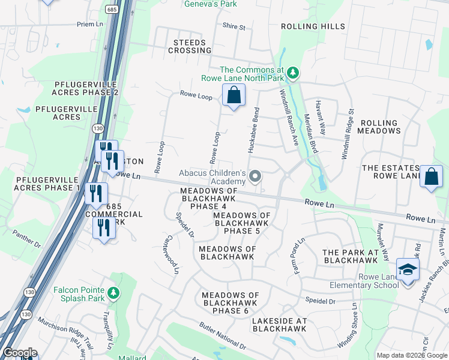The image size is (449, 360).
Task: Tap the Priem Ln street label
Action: [x=90, y=25]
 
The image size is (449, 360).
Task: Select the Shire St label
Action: [x=234, y=27]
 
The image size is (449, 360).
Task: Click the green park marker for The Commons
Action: [x=292, y=73]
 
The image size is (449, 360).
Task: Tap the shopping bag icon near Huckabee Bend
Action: [x=234, y=95]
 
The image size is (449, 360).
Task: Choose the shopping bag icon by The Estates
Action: [x=431, y=176]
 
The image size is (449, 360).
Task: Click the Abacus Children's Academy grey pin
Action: [x=255, y=176]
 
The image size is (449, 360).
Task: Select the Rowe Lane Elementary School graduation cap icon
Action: [x=407, y=270]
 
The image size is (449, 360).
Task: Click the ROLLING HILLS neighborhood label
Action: [x=313, y=26]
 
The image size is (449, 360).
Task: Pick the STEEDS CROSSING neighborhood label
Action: [x=190, y=47]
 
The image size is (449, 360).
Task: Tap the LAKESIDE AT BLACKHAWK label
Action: [x=279, y=325]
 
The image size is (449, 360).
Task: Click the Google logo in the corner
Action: [x=20, y=353]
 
